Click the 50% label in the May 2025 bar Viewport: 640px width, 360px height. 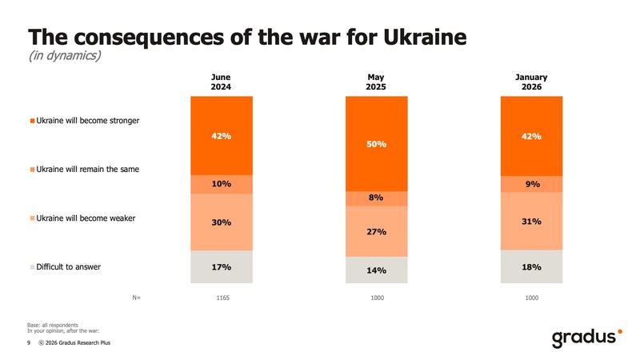[x=377, y=144]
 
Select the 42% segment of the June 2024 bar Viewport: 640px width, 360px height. [x=222, y=136]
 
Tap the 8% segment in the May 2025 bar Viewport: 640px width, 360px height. [x=377, y=198]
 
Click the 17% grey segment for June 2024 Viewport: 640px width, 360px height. [x=222, y=266]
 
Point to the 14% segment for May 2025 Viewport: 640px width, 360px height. [x=377, y=270]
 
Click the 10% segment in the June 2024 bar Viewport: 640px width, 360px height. [x=222, y=184]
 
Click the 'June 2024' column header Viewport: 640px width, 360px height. [x=222, y=82]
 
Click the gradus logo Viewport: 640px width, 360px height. [x=586, y=338]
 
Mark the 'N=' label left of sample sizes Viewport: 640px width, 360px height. [x=136, y=298]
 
